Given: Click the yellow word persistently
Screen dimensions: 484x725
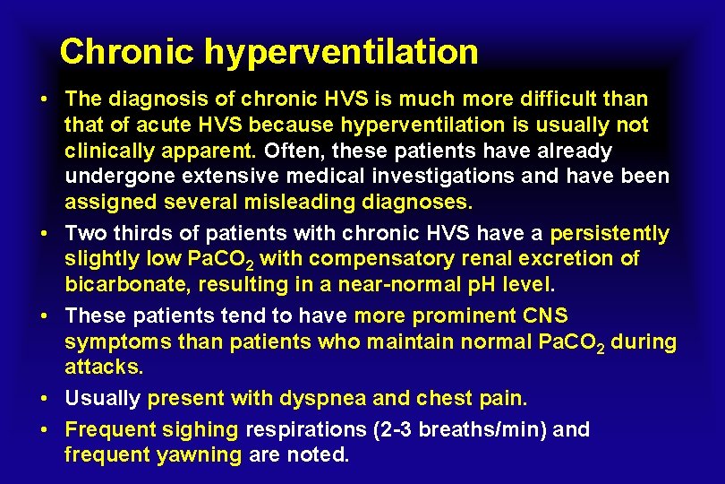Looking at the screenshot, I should (610, 234).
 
